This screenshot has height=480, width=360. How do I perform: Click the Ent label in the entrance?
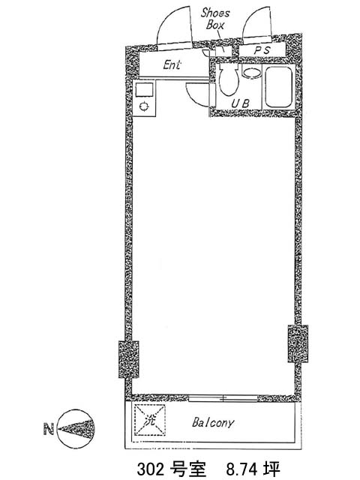click(172, 64)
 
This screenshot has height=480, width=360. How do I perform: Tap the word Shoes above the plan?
click(215, 13)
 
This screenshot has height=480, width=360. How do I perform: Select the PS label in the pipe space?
click(262, 50)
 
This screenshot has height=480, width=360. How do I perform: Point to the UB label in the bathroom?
click(240, 103)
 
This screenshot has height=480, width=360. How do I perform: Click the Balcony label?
click(213, 423)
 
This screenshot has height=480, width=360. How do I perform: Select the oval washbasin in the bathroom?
click(252, 73)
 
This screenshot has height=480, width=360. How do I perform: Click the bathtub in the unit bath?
click(278, 87)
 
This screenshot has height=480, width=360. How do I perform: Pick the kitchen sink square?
click(144, 89)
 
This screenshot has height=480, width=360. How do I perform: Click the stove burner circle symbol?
click(144, 106)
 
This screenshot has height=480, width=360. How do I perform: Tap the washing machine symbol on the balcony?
click(150, 420)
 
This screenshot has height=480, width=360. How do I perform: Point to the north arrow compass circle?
click(76, 428)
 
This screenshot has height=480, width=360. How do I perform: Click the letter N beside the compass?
click(49, 428)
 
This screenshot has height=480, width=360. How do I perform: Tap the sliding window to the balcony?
click(223, 398)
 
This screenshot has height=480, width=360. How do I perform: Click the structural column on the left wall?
click(128, 359)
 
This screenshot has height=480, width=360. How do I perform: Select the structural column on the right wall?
click(298, 343)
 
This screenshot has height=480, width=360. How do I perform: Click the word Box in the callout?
click(215, 25)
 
